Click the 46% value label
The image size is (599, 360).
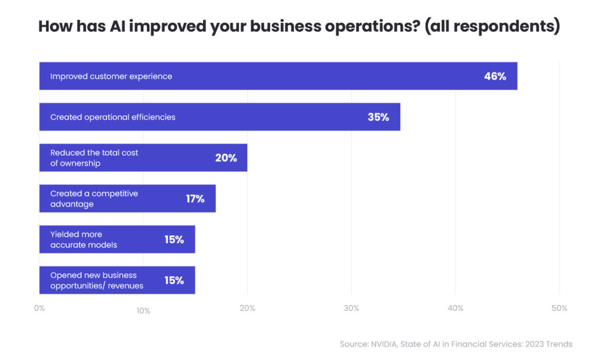[x=495, y=76]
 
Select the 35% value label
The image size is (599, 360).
[x=378, y=117]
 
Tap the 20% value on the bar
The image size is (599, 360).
[x=226, y=158]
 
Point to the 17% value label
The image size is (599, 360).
[x=195, y=199]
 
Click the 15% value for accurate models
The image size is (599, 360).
[x=174, y=239]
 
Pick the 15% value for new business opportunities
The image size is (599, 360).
[x=174, y=280]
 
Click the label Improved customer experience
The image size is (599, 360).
[x=111, y=76]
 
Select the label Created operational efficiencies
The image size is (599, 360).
[x=113, y=117]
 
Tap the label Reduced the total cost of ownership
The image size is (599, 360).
[x=94, y=158]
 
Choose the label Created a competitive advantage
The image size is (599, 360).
[x=94, y=199]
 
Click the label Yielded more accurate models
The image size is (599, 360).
[x=84, y=239]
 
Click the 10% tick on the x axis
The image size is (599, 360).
[x=143, y=311]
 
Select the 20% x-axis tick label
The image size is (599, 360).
[x=247, y=308]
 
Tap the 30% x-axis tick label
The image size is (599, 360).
[x=351, y=308]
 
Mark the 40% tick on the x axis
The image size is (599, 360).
[x=455, y=308]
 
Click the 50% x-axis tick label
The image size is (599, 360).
[x=559, y=308]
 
